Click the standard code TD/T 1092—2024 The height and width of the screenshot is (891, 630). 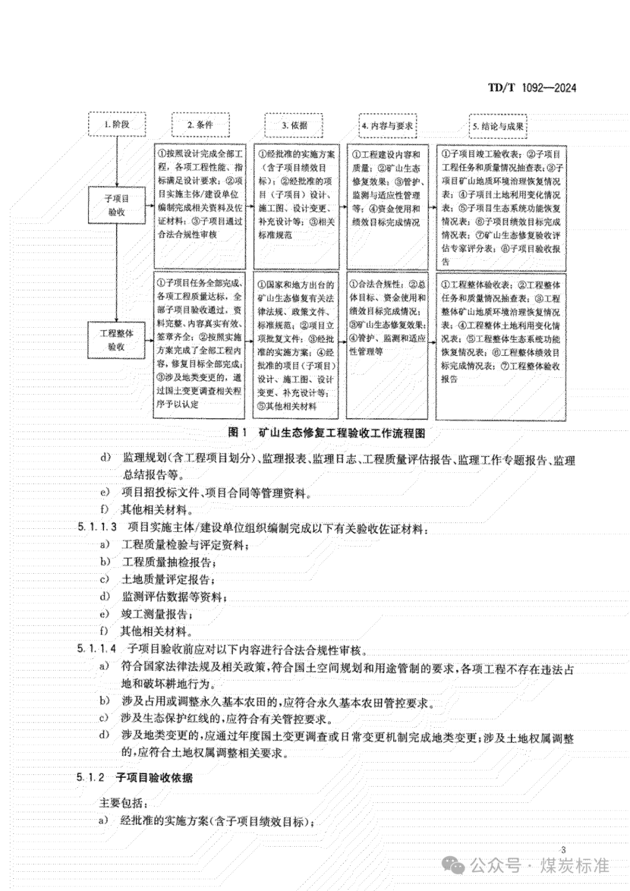531,88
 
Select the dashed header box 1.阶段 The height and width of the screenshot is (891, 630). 117,124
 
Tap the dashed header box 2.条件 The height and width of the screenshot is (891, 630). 200,125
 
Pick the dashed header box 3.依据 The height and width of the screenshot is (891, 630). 294,125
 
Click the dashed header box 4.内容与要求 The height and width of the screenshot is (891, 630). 387,125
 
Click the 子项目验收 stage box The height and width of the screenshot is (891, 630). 117,205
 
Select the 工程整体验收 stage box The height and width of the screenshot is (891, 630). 117,339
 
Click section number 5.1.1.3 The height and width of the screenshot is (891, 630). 97,528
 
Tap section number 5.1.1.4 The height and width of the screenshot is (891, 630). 97,648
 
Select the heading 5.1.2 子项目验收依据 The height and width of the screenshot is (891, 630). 134,777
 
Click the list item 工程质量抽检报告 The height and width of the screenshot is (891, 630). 169,563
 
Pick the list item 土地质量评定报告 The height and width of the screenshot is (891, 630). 169,580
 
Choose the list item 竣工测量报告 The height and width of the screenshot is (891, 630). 157,614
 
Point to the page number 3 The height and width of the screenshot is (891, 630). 562,850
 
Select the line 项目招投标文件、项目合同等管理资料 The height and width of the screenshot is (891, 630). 216,493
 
